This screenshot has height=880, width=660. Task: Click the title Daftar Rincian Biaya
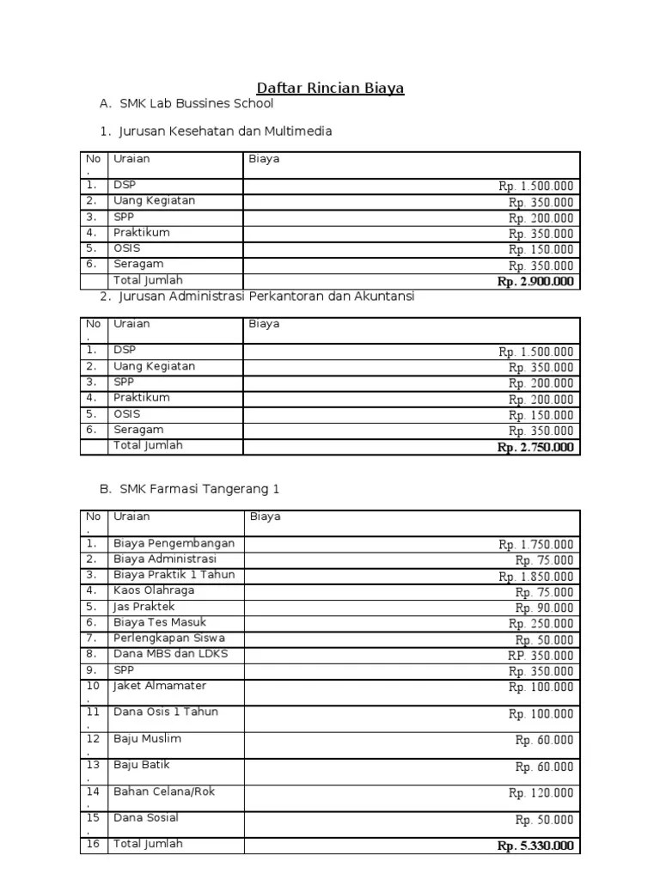[331, 88]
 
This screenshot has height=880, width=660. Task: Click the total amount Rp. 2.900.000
[535, 282]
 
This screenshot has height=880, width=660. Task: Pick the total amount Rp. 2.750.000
[535, 447]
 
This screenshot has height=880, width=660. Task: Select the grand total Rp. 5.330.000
[535, 846]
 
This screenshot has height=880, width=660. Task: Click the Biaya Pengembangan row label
[174, 544]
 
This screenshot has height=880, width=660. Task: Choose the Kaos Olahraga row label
[154, 591]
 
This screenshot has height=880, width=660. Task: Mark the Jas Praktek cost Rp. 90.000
[544, 608]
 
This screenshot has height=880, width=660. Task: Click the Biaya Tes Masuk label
[160, 622]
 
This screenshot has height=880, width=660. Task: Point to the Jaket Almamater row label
[160, 686]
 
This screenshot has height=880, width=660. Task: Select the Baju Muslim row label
[147, 739]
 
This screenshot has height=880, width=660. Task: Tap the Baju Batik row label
[143, 765]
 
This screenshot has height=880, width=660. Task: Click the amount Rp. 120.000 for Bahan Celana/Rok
[541, 793]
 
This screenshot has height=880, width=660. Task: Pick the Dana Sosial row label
[145, 818]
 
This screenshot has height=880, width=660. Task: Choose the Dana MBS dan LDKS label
[171, 654]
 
